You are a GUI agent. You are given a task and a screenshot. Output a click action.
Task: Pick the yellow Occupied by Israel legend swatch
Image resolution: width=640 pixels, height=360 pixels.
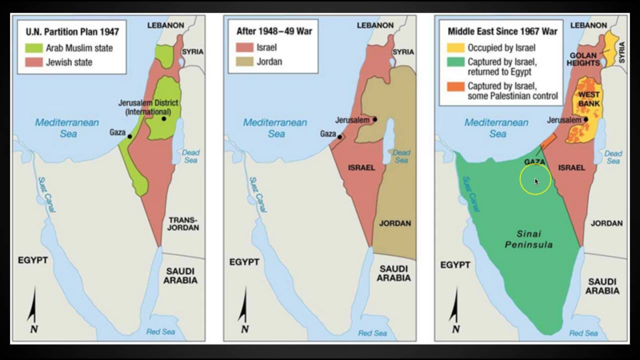[455, 48]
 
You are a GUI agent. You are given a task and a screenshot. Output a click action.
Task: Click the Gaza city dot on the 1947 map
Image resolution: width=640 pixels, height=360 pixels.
[129, 136]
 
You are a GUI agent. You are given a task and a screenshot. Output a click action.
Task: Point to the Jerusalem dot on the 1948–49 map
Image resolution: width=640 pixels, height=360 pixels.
[374, 119]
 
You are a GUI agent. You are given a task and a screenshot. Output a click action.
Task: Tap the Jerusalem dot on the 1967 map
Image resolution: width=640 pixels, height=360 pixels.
[585, 119]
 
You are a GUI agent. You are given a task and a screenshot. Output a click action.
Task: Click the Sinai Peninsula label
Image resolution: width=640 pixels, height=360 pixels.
[529, 239]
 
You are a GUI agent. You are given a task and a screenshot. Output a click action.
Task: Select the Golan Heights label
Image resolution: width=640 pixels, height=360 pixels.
[583, 59]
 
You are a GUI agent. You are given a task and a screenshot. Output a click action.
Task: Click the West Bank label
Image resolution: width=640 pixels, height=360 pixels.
[588, 99]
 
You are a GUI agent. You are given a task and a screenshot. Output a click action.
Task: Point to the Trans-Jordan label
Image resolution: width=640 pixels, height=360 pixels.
[183, 223]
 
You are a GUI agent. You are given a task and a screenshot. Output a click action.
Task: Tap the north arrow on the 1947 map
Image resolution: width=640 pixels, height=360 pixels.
[33, 310]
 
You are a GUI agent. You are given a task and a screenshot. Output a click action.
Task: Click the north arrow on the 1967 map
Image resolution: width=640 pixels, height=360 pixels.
[455, 310]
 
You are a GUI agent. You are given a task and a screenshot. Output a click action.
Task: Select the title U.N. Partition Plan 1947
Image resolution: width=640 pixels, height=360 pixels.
[72, 32]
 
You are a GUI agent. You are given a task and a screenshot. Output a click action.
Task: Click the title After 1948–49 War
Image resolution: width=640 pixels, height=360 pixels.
[274, 31]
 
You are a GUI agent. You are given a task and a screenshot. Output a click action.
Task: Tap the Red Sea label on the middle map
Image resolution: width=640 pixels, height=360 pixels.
[372, 333]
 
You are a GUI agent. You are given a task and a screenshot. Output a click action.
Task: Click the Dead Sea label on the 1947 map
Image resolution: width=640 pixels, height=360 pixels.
[190, 156]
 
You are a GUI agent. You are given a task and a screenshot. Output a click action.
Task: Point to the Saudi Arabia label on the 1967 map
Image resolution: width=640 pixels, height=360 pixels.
[602, 286]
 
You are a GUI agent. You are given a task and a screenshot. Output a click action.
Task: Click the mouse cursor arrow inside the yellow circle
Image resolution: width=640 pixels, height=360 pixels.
[536, 181]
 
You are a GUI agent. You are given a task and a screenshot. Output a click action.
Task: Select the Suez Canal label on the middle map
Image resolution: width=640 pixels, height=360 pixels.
[255, 195]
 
